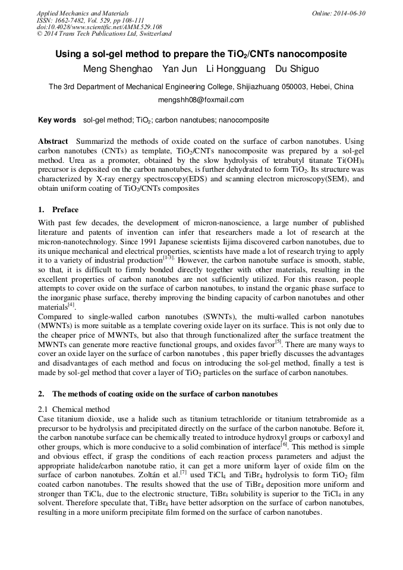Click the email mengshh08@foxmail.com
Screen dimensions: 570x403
pos(201,100)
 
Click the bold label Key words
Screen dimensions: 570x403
pos(57,120)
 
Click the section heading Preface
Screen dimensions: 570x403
pos(65,210)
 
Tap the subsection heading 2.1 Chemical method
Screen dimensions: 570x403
pos(74,409)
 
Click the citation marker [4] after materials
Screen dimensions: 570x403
pos(71,306)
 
